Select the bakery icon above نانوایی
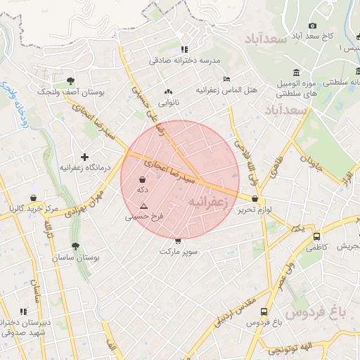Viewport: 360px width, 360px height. (x=168, y=91)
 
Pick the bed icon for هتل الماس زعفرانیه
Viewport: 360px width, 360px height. (x=226, y=79)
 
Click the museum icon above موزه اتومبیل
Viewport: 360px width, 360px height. (x=297, y=73)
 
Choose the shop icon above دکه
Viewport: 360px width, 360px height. (x=143, y=180)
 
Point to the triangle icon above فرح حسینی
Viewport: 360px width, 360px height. (x=143, y=206)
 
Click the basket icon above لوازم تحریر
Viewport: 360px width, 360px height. (x=254, y=199)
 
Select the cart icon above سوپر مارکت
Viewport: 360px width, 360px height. (x=177, y=240)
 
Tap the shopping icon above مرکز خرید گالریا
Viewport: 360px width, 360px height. (x=34, y=198)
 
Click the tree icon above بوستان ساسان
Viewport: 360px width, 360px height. (x=75, y=247)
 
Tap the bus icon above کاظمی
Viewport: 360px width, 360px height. (x=316, y=237)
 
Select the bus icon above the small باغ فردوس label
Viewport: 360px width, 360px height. (x=264, y=311)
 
